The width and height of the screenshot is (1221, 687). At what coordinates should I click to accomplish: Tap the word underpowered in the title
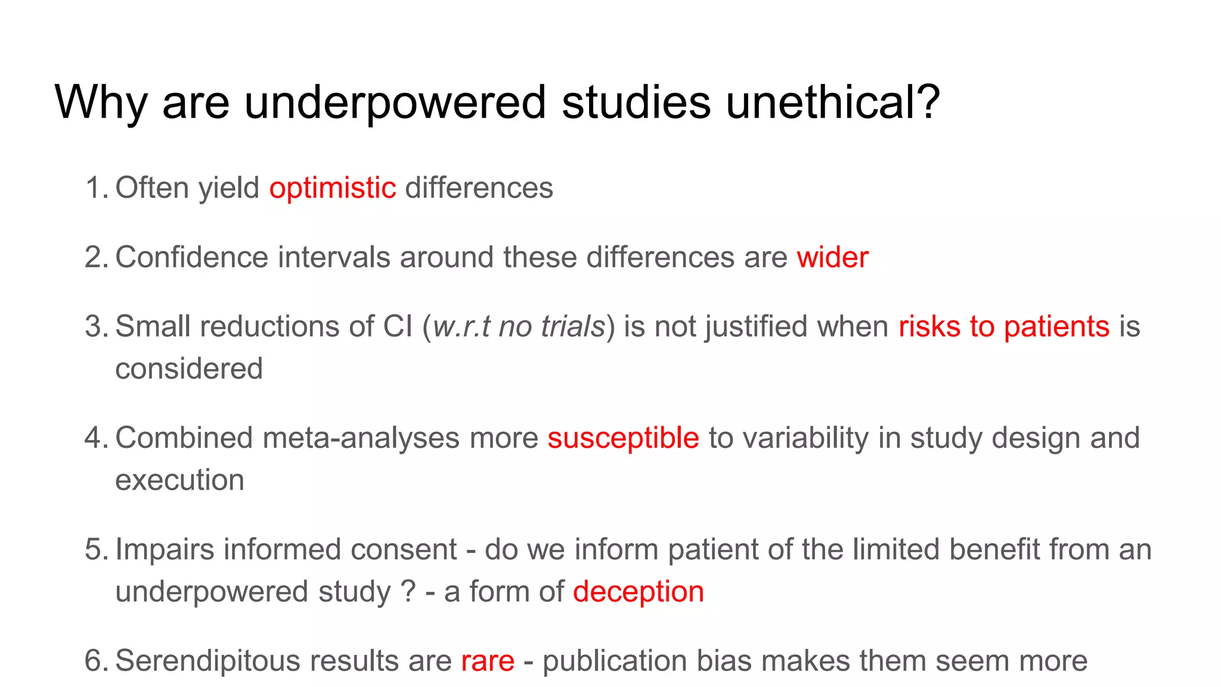395,103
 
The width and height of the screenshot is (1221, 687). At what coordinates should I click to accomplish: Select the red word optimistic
333,188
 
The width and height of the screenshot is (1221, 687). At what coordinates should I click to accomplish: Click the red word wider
832,258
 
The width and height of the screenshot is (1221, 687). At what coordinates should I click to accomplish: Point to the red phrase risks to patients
1004,327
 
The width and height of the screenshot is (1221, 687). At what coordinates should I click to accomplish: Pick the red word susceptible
623,438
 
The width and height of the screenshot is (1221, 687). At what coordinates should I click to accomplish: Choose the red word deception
639,592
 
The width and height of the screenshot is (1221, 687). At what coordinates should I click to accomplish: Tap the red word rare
488,661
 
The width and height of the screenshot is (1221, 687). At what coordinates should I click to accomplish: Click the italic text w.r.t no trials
519,327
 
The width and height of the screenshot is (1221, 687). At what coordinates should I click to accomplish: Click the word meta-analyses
361,438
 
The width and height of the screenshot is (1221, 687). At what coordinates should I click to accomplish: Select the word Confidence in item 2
191,258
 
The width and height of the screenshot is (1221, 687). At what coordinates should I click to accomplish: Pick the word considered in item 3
189,369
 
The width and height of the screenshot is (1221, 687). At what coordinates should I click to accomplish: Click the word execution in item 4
179,480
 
